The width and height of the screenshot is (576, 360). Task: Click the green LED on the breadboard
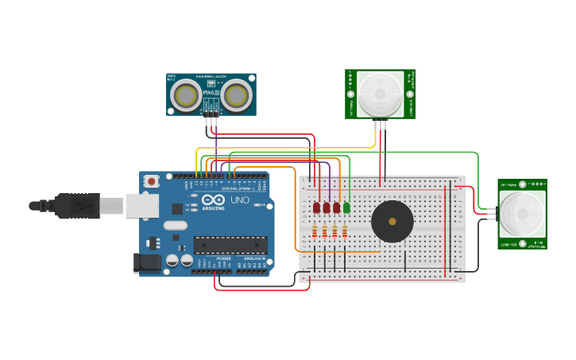pos(346,207)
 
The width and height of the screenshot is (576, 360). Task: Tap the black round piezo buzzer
pos(392,221)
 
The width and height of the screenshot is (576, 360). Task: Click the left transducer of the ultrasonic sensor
pos(187,95)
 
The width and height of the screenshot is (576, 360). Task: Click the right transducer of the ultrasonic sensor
pos(236,95)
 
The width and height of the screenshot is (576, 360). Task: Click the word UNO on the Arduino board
pos(240,200)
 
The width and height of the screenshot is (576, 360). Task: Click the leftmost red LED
pos(316,207)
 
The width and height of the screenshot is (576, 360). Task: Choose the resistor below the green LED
pos(345,231)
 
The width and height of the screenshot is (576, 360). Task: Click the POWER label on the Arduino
pos(224,259)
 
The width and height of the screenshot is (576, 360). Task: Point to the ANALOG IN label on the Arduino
pos(255,259)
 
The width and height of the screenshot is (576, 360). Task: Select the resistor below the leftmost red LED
pos(315,231)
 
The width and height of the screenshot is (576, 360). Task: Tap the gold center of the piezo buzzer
pos(392,221)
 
